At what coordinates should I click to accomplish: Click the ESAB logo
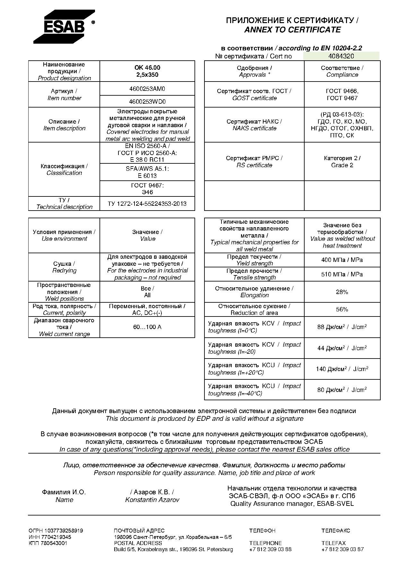[x=64, y=27]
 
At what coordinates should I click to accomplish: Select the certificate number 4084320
[x=341, y=56]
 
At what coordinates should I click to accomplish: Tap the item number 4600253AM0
[x=147, y=89]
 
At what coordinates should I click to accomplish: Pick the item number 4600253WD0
[x=147, y=102]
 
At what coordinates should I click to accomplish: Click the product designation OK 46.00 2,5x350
[x=147, y=71]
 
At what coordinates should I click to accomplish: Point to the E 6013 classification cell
[x=147, y=172]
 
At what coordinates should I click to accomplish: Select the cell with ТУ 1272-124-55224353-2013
[x=147, y=204]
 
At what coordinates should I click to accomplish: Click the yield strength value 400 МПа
[x=342, y=260]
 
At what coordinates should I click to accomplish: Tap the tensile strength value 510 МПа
[x=342, y=274]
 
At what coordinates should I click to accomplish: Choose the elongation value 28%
[x=342, y=292]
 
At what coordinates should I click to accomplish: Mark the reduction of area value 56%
[x=342, y=309]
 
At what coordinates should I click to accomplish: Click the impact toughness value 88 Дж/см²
[x=342, y=327]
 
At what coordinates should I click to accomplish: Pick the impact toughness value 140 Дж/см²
[x=342, y=369]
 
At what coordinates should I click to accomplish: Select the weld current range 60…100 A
[x=147, y=327]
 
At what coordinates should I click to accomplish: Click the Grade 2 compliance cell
[x=342, y=162]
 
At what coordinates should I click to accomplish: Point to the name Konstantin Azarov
[x=152, y=500]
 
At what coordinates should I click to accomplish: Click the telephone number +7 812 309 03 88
[x=270, y=549]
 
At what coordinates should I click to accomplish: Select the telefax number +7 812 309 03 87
[x=342, y=549]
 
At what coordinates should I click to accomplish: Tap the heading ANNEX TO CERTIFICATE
[x=292, y=30]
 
